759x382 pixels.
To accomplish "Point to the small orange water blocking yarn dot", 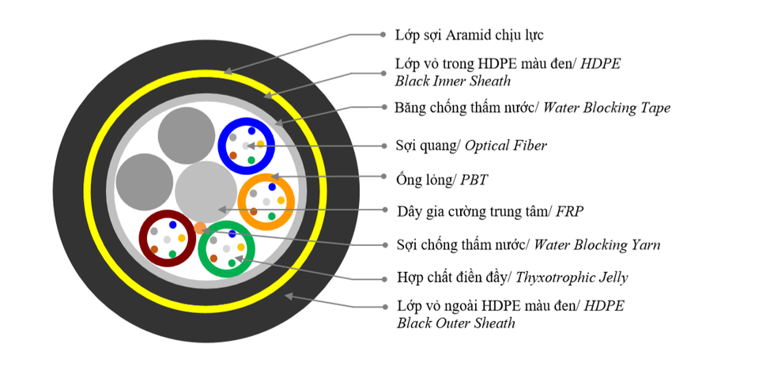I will click(200, 229).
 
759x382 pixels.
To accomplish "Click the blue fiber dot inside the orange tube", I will click(272, 187).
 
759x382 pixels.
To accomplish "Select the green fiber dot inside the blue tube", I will click(251, 161).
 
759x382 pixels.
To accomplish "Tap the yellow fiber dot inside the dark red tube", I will click(182, 238).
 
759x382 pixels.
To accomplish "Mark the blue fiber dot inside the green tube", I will click(232, 234).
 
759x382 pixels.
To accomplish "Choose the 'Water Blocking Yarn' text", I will click(597, 244).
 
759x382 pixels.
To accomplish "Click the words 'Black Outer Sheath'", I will click(455, 323).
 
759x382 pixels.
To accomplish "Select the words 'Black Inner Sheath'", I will click(453, 81).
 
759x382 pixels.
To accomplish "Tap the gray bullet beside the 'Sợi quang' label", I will click(383, 146).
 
